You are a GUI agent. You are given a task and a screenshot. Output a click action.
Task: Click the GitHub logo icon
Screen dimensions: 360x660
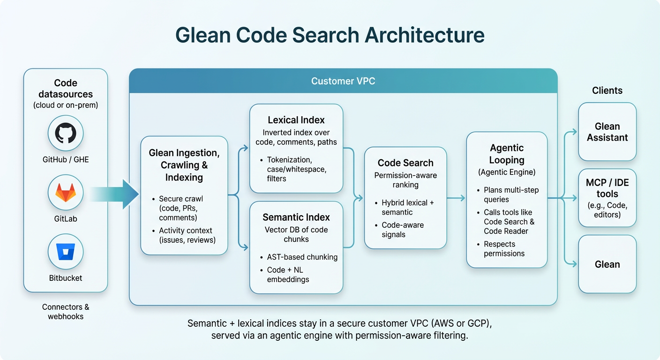tap(66, 133)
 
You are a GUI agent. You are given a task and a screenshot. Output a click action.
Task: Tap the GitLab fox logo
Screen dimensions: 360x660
tap(66, 192)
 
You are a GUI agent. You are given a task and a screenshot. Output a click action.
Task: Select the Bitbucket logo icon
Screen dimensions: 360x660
tap(66, 252)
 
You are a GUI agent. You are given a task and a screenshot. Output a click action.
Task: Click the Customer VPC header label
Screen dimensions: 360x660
tap(343, 81)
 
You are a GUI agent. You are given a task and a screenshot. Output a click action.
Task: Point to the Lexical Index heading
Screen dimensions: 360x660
tap(296, 120)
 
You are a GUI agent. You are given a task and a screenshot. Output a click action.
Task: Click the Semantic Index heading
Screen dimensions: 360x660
tap(296, 217)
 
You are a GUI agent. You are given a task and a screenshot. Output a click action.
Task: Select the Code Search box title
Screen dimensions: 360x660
tap(405, 163)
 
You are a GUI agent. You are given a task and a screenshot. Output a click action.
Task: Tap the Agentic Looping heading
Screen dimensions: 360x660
tap(507, 154)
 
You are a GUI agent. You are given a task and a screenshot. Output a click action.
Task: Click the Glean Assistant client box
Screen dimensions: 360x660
tap(607, 132)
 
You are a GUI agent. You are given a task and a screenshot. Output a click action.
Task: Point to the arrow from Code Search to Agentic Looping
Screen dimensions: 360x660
tap(456, 198)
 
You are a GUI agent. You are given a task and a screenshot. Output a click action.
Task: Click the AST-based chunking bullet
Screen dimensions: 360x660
tap(302, 257)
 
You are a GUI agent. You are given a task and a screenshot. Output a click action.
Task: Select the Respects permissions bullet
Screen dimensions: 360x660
tap(504, 249)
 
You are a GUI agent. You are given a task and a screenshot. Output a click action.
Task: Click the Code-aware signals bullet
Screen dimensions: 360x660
tap(403, 230)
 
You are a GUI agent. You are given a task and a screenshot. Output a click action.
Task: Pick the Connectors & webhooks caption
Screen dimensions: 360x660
tap(66, 312)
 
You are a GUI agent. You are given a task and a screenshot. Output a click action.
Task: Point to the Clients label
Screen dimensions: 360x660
tap(607, 90)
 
